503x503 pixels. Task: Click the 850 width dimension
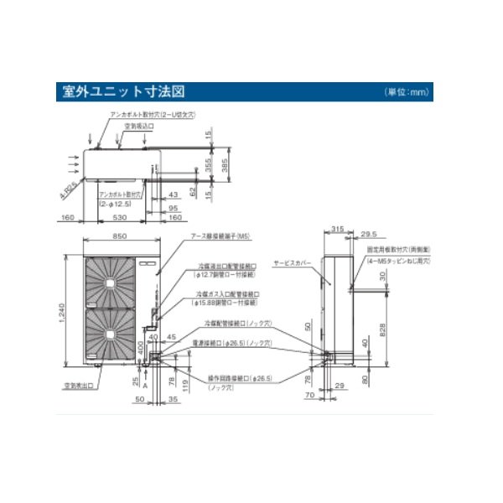click(120, 236)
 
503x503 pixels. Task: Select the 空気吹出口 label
click(76, 386)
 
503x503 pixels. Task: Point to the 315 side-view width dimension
click(339, 228)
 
